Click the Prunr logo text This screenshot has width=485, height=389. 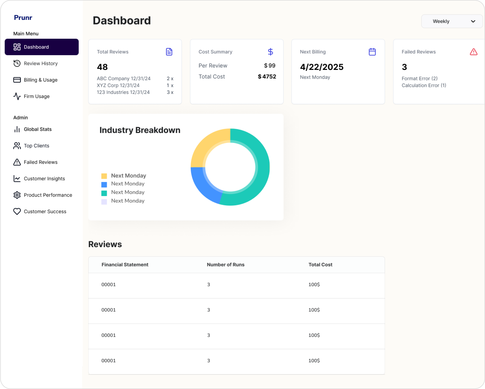coord(23,18)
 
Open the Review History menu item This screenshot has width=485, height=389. coord(40,63)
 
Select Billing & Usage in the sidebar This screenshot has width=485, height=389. coord(40,80)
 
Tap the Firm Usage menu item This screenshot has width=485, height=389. coord(36,96)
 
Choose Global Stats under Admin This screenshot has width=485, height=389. coord(37,129)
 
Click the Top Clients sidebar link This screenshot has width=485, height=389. coord(36,146)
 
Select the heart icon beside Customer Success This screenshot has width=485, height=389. coord(17,212)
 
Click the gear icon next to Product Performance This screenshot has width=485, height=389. coord(17,195)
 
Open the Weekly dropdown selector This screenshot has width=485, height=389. coord(452,21)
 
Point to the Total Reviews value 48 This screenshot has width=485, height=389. coord(102,67)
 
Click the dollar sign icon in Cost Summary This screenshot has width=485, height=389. coord(270,52)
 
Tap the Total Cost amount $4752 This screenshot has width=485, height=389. coord(267,77)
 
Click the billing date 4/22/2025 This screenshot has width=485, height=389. coord(322,67)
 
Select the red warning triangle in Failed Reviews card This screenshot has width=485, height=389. coord(473,52)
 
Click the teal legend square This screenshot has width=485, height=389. coord(104,193)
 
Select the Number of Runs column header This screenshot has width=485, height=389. coord(225,265)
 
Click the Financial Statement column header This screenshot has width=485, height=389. coord(125,265)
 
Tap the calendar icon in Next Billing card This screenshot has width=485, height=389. coord(372,52)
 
